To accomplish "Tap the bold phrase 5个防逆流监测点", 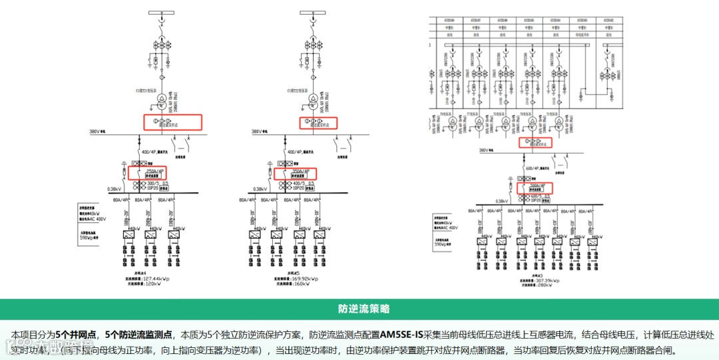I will tap(138, 334).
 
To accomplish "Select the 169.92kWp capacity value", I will tap(301, 279).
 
